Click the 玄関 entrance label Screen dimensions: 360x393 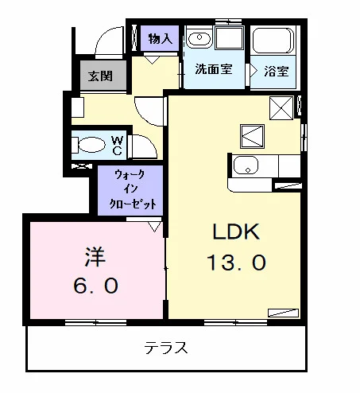(x=100, y=76)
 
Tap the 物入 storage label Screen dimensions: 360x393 (x=161, y=39)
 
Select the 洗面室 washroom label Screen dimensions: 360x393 (x=214, y=69)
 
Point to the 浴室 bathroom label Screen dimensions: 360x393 (x=277, y=71)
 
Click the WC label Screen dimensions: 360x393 (x=117, y=146)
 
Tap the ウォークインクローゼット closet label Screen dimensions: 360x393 (x=133, y=189)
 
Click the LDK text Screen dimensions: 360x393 (x=236, y=232)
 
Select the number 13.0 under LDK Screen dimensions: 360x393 (x=236, y=263)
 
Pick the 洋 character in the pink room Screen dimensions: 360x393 (x=95, y=256)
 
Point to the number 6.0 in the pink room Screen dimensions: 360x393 (x=95, y=286)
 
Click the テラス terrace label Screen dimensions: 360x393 (x=166, y=348)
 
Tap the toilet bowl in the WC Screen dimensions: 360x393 (x=92, y=145)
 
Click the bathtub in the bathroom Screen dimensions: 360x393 (x=273, y=41)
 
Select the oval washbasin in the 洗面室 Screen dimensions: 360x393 (x=199, y=37)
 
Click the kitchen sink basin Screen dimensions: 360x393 (x=246, y=165)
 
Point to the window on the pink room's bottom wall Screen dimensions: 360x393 (x=95, y=322)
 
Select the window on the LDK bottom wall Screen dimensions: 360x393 (x=235, y=322)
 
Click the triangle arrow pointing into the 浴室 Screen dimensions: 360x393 (x=254, y=71)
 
